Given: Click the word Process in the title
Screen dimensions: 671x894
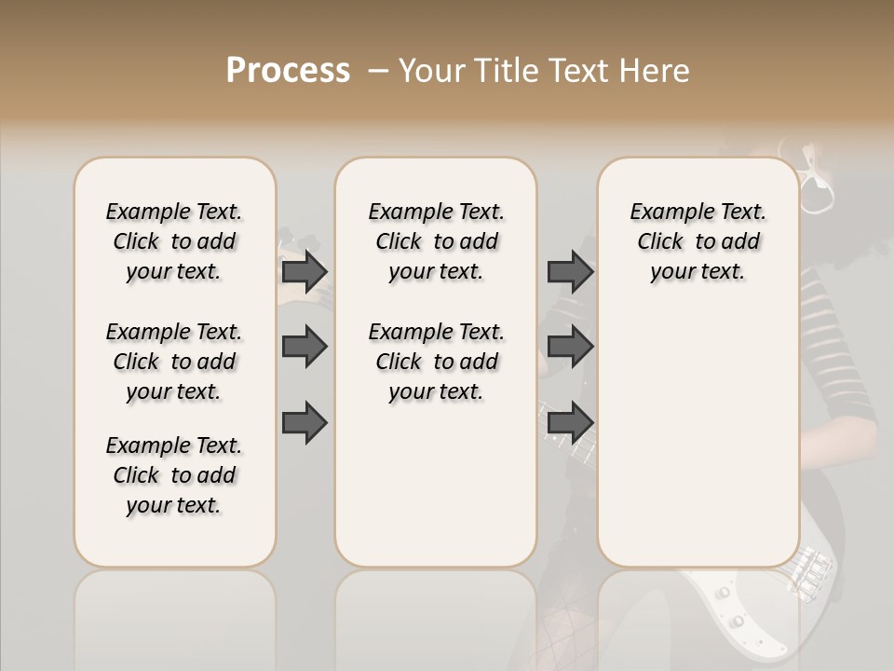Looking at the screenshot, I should (288, 71).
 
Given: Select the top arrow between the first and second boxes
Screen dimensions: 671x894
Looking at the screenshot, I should (305, 271).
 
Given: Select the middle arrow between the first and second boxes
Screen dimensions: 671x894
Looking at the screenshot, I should (305, 348).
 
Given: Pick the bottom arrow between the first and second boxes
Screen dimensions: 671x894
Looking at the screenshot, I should (305, 423).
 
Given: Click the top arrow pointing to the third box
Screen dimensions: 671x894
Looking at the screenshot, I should (570, 271).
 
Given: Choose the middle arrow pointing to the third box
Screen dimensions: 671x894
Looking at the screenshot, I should (570, 348).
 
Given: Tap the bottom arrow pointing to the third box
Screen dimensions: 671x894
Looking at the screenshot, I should (570, 423).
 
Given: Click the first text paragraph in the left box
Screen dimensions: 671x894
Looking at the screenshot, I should (174, 241).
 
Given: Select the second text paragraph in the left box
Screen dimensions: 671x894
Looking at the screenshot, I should (174, 362).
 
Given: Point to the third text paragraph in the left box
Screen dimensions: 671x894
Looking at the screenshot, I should (174, 475).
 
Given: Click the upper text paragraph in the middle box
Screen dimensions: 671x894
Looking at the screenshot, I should (437, 241).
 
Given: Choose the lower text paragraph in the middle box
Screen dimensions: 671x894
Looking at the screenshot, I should (437, 362).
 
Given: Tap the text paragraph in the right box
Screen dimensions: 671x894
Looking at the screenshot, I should (698, 241).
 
